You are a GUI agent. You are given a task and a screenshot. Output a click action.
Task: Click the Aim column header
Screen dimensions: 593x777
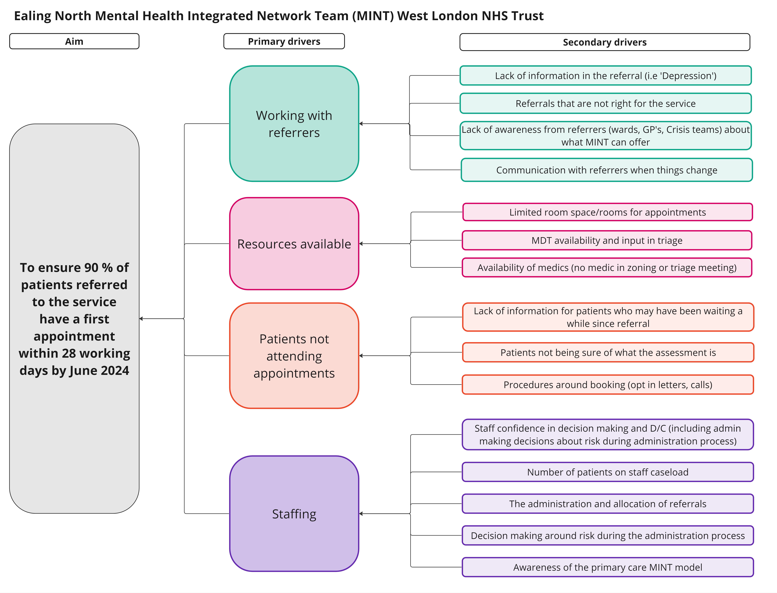coord(74,41)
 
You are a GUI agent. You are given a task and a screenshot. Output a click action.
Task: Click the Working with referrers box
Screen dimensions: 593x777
coord(294,123)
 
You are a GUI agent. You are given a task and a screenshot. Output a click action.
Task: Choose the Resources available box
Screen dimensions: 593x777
coord(294,244)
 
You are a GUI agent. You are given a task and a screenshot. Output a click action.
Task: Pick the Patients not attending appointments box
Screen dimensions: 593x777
coord(294,356)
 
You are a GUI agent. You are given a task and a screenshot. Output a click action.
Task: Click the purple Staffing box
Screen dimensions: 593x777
coord(294,514)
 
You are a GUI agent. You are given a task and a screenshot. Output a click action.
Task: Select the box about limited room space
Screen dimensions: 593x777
coord(607,212)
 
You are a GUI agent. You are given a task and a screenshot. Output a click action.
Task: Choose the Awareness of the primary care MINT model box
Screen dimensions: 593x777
coord(607,567)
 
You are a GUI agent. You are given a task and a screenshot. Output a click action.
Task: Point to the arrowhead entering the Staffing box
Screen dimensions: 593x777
coord(361,514)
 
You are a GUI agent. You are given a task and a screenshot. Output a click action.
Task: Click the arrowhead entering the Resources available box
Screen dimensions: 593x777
coord(361,244)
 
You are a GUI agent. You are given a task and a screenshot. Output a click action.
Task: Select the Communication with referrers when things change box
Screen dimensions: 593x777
coord(606,170)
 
